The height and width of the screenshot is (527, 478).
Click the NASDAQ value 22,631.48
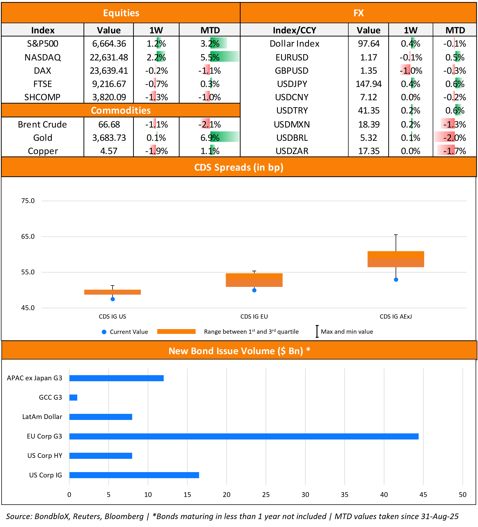109,57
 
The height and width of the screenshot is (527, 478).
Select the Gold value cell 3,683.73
109,138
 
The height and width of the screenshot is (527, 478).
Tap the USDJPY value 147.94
369,84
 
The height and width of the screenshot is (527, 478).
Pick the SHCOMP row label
42,97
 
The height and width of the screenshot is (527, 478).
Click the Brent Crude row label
42,124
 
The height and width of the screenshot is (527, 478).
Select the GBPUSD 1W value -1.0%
411,71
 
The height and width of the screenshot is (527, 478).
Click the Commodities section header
121,110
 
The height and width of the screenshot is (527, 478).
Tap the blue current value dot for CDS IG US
113,299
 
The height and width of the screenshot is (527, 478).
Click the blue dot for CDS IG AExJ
396,280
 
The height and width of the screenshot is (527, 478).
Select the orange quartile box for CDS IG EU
254,280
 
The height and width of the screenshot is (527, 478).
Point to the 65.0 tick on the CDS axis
28,237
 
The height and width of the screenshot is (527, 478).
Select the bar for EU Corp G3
244,436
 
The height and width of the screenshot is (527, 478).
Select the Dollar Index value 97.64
369,44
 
